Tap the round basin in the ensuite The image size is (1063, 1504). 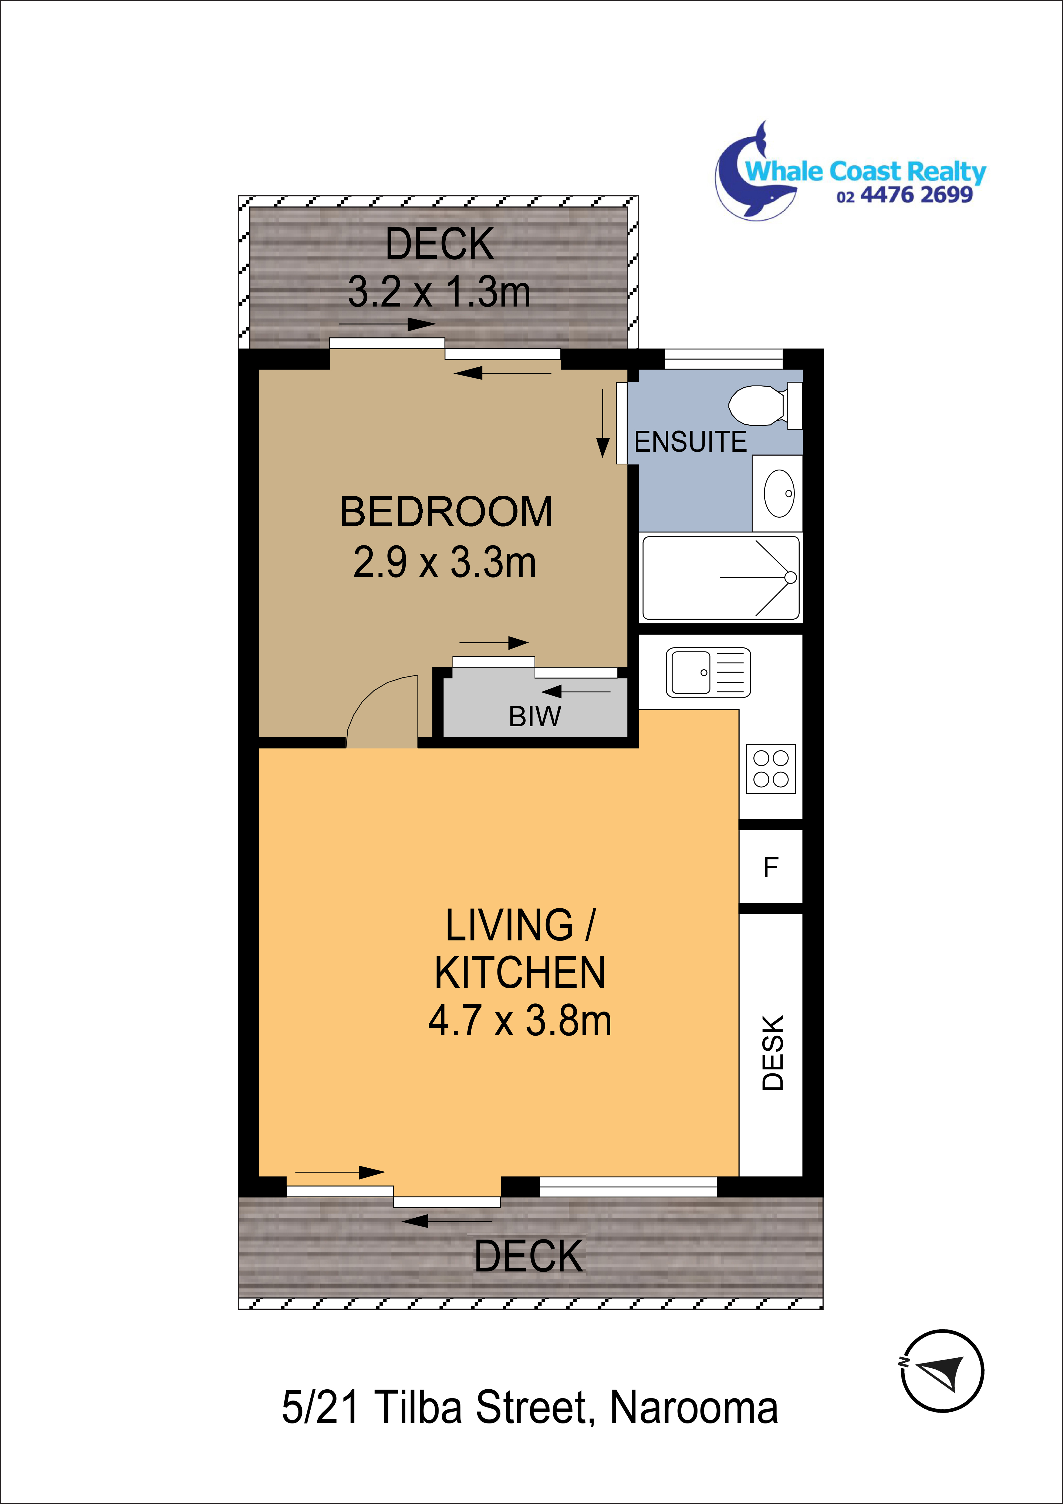[x=779, y=493]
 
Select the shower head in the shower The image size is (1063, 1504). [x=790, y=577]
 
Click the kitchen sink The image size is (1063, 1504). [x=708, y=672]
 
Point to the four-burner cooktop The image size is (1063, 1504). [x=771, y=768]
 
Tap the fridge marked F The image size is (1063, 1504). [x=771, y=867]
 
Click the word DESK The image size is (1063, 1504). [x=773, y=1052]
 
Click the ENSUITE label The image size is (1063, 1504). [x=690, y=442]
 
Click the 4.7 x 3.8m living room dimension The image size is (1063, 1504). [x=520, y=1021]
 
